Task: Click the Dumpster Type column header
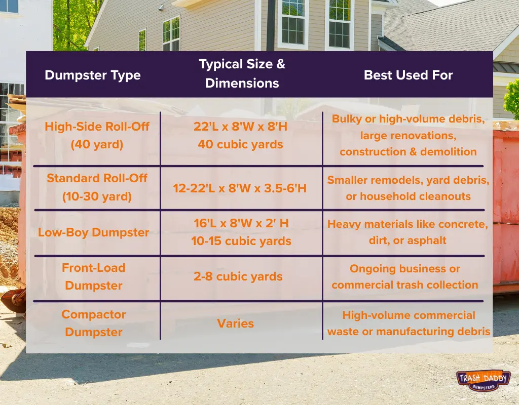point(92,75)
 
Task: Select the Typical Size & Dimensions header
point(242,74)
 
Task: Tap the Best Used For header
point(408,75)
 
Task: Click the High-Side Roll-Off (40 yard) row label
point(97,135)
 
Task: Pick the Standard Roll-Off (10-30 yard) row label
point(97,187)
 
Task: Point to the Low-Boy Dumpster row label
point(94,233)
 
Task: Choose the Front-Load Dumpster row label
point(94,276)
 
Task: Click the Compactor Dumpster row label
point(94,323)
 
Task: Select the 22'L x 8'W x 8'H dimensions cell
point(240,135)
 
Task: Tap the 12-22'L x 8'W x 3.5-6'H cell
point(240,188)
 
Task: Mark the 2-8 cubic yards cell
point(238,277)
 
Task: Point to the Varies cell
point(235,323)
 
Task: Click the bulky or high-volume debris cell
point(408,135)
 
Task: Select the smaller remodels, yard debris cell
point(408,188)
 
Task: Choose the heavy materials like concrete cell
point(407,232)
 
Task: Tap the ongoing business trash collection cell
point(405,276)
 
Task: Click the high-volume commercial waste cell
point(409,323)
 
